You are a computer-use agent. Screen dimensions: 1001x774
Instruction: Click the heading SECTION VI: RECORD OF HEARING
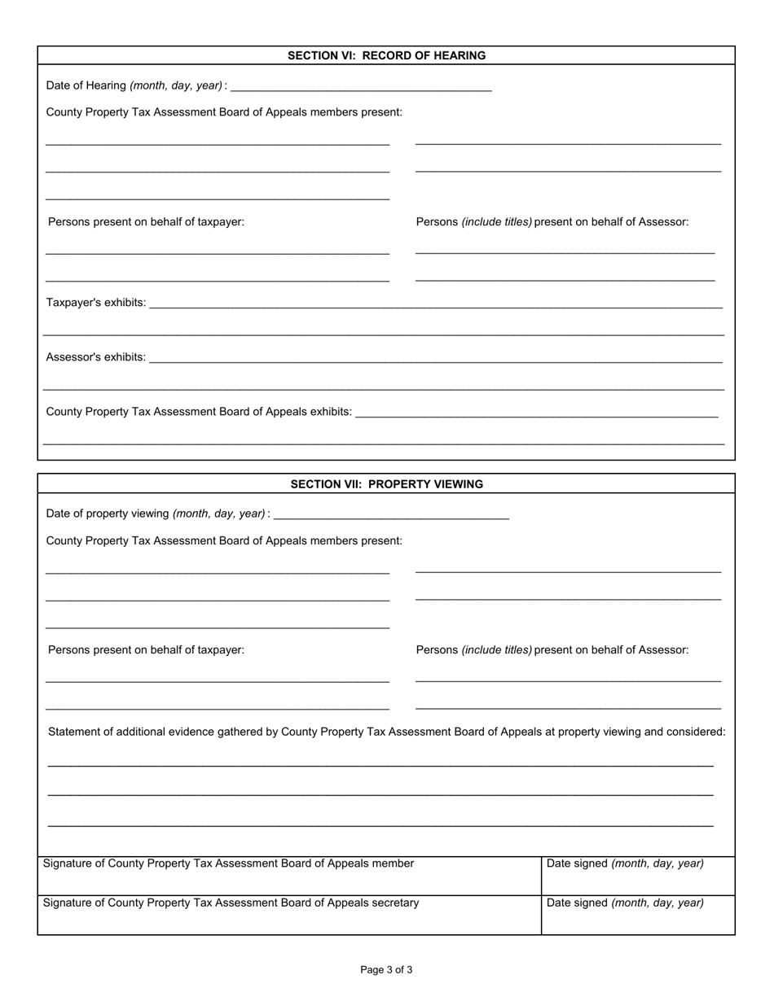pyautogui.click(x=386, y=55)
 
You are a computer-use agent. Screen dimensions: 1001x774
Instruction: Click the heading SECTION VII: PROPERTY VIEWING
pyautogui.click(x=386, y=484)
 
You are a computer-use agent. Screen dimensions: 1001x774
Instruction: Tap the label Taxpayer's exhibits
pyautogui.click(x=96, y=303)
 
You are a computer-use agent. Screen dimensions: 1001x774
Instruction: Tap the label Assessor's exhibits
pyautogui.click(x=96, y=357)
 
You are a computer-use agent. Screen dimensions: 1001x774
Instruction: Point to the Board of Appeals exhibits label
pyautogui.click(x=199, y=412)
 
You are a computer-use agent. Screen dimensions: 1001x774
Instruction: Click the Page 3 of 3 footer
pyautogui.click(x=386, y=969)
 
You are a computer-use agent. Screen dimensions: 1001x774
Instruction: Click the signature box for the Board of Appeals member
pyautogui.click(x=289, y=876)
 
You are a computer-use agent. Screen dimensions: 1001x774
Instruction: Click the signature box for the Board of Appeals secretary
pyautogui.click(x=289, y=916)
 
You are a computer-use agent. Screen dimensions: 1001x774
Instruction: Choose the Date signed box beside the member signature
pyautogui.click(x=638, y=876)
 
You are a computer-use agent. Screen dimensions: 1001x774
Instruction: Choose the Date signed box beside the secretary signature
pyautogui.click(x=638, y=916)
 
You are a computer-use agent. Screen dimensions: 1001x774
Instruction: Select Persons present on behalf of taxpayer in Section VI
pyautogui.click(x=146, y=221)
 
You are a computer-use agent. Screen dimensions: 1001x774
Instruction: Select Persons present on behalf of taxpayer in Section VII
pyautogui.click(x=146, y=649)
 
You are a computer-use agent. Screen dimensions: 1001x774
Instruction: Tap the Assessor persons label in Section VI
pyautogui.click(x=552, y=221)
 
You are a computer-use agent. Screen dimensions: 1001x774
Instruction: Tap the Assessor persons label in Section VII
pyautogui.click(x=552, y=649)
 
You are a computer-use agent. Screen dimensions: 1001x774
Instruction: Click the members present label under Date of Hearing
pyautogui.click(x=224, y=112)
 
